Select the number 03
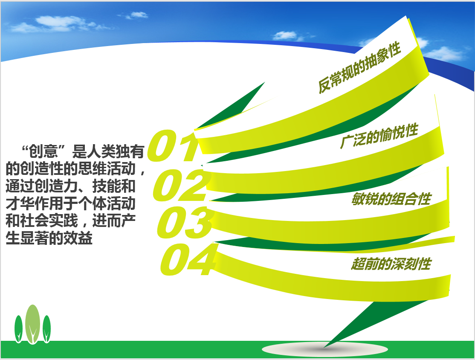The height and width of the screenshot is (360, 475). pos(184,222)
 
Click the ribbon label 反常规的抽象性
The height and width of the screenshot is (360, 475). pos(359,67)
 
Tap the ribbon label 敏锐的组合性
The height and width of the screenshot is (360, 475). pos(391,199)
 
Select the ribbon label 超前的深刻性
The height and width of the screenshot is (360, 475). pos(391,264)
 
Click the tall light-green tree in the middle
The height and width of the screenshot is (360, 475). pos(33,324)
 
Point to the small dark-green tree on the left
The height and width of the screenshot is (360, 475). pos(18,329)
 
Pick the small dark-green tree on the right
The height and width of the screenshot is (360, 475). pos(46,329)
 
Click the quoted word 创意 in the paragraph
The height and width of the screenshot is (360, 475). pos(43,151)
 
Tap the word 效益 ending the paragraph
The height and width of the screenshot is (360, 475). pos(78,238)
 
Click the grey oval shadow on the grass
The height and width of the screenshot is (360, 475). pos(325,349)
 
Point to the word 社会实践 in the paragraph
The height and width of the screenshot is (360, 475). pos(49,221)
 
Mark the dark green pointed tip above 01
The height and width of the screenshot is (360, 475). pos(265,82)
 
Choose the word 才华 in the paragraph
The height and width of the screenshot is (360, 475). pos(20,203)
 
